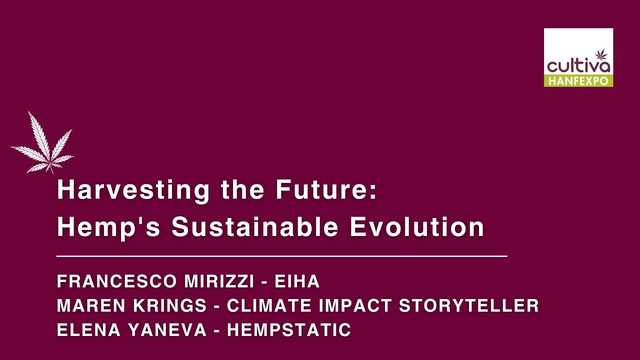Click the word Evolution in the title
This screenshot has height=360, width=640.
(417, 227)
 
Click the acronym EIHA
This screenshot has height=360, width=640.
(297, 281)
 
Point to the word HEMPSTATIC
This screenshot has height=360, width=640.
(289, 330)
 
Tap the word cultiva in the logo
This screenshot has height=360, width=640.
(578, 66)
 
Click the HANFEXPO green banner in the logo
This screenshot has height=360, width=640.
(578, 80)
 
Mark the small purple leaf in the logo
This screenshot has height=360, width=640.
(601, 54)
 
